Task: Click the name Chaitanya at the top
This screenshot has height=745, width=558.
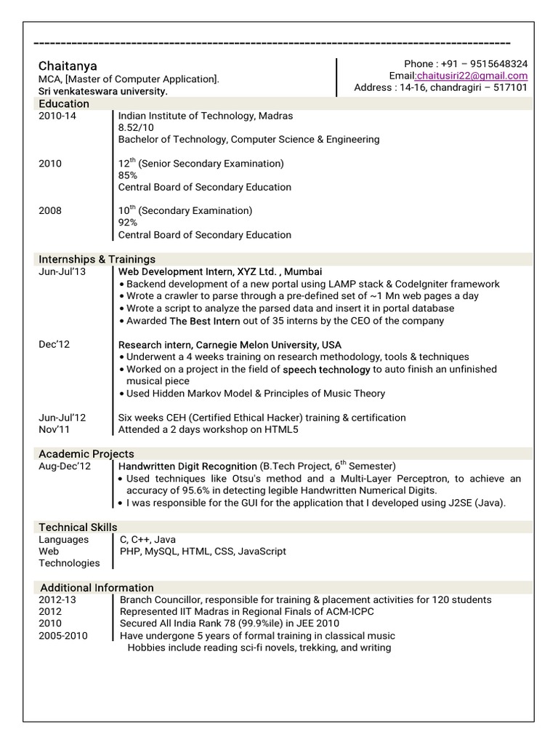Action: pyautogui.click(x=68, y=65)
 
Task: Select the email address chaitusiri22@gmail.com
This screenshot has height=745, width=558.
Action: pyautogui.click(x=472, y=76)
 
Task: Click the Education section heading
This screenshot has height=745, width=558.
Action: pyautogui.click(x=64, y=104)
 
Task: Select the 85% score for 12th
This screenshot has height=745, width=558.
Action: pyautogui.click(x=128, y=175)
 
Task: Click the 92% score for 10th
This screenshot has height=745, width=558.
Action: pyautogui.click(x=128, y=223)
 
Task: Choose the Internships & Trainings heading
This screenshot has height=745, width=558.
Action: pyautogui.click(x=97, y=259)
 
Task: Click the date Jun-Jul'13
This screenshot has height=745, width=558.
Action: pyautogui.click(x=62, y=271)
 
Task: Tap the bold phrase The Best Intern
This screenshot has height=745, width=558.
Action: pyautogui.click(x=205, y=321)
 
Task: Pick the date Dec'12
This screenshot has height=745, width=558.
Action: pyautogui.click(x=54, y=344)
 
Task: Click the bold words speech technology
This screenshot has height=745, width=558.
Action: pyautogui.click(x=326, y=370)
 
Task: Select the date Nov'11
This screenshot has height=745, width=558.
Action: pyautogui.click(x=55, y=429)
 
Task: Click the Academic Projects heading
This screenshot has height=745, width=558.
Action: pyautogui.click(x=86, y=454)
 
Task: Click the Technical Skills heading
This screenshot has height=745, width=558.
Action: pyautogui.click(x=78, y=527)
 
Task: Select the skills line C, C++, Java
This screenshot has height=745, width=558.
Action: pyautogui.click(x=148, y=540)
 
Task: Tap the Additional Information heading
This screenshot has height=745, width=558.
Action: pyautogui.click(x=97, y=587)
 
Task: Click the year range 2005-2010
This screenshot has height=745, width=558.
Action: pyautogui.click(x=63, y=635)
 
